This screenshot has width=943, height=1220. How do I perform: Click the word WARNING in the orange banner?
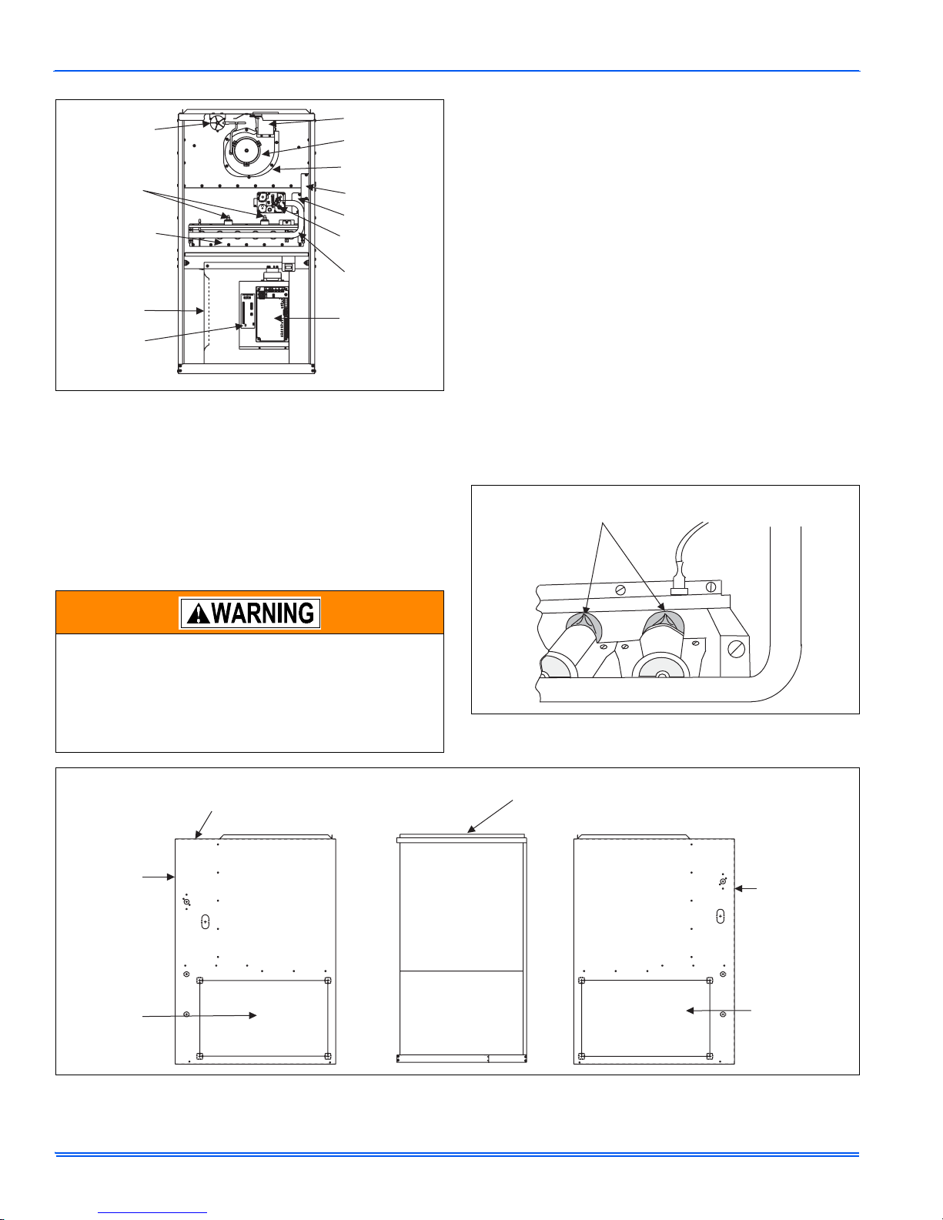click(263, 613)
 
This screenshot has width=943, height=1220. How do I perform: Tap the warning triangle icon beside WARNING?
click(199, 613)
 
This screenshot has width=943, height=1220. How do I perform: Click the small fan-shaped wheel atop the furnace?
click(216, 122)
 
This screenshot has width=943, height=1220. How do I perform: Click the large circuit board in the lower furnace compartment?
click(273, 313)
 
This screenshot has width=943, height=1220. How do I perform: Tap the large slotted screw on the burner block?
click(736, 650)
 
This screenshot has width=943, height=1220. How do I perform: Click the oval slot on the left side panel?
click(206, 922)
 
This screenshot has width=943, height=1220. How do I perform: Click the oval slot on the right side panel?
click(721, 916)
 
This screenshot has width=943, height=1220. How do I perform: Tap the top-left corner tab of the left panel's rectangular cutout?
click(199, 981)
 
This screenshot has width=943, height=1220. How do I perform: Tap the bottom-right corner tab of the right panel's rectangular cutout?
click(710, 1056)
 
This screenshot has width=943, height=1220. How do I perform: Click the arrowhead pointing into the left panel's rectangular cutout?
click(252, 1015)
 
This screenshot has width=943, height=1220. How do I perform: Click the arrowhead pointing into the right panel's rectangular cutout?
click(691, 1011)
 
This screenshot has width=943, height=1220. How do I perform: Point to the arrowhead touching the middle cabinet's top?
click(471, 829)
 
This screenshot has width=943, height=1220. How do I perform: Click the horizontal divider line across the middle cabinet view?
click(461, 971)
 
